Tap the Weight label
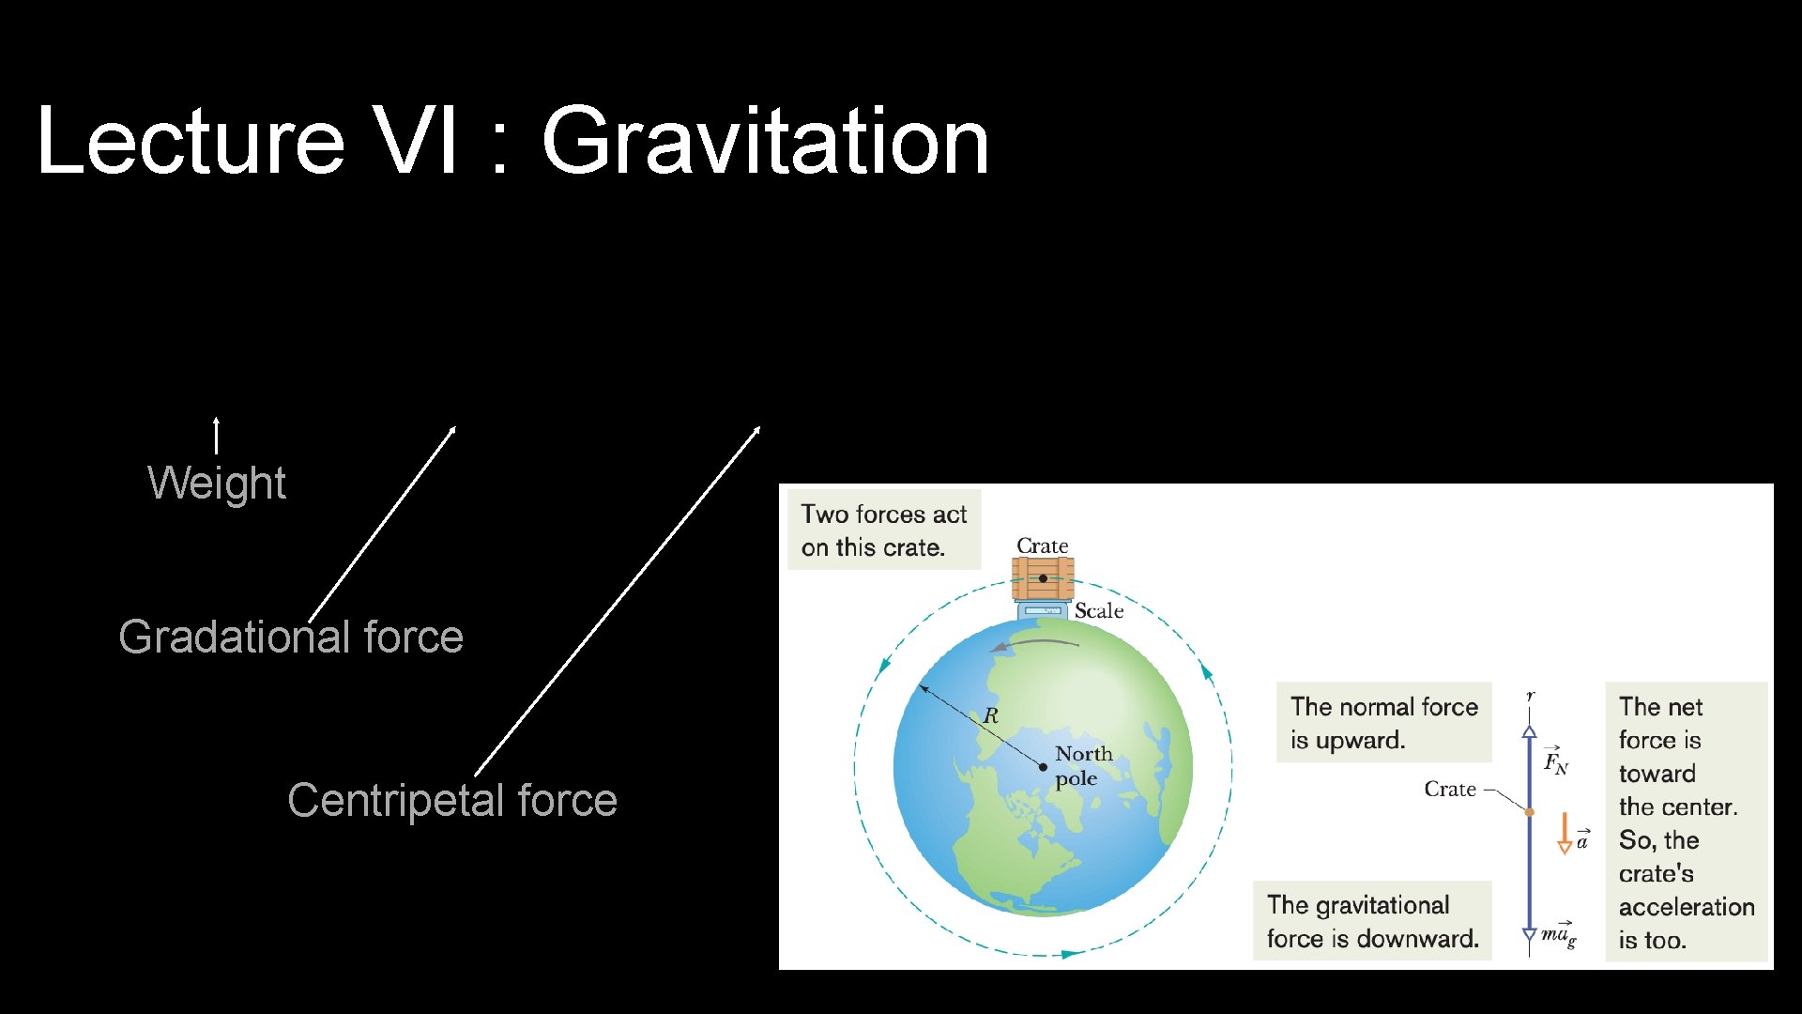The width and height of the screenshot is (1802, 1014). pyautogui.click(x=217, y=483)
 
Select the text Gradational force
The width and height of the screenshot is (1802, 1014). pyautogui.click(x=291, y=637)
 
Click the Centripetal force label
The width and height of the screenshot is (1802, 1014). pyautogui.click(x=452, y=800)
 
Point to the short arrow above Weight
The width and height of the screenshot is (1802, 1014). pyautogui.click(x=217, y=436)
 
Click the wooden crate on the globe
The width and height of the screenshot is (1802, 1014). pyautogui.click(x=1042, y=577)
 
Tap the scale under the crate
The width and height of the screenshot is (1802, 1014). pyautogui.click(x=1042, y=611)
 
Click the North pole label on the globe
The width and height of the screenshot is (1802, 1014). pyautogui.click(x=1083, y=765)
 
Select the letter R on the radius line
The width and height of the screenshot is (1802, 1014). pyautogui.click(x=991, y=715)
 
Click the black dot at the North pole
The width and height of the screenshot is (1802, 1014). pyautogui.click(x=1043, y=767)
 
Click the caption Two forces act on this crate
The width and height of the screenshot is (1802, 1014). pyautogui.click(x=883, y=530)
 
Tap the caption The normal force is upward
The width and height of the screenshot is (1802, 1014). pyautogui.click(x=1383, y=722)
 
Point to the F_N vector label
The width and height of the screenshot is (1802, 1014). pyautogui.click(x=1555, y=760)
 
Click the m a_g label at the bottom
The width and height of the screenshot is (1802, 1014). pyautogui.click(x=1558, y=933)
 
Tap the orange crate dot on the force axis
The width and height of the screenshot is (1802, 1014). pyautogui.click(x=1529, y=812)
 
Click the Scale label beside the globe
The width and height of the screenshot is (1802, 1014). pyautogui.click(x=1098, y=610)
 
